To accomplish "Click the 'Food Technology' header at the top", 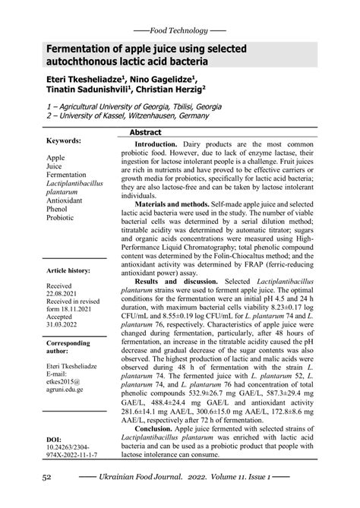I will pyautogui.click(x=179, y=30).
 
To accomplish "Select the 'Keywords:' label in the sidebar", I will pyautogui.click(x=65, y=142).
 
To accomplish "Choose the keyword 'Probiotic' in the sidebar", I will pyautogui.click(x=61, y=217).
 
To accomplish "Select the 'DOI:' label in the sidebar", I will pyautogui.click(x=54, y=439).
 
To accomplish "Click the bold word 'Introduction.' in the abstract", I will pyautogui.click(x=156, y=144).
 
